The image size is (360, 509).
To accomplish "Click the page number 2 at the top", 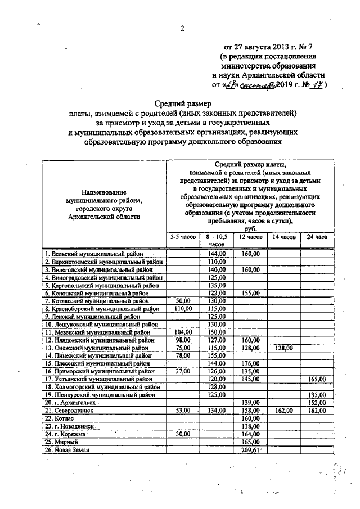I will click(182, 29).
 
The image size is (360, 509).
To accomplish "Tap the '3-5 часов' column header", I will click(183, 237).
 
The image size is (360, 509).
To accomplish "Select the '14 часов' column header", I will click(283, 237).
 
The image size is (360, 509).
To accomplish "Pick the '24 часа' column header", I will click(317, 237).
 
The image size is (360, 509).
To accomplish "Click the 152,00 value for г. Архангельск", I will click(317, 403).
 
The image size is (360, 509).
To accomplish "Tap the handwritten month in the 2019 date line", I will click(258, 85).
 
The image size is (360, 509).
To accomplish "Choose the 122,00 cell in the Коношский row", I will click(217, 292).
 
